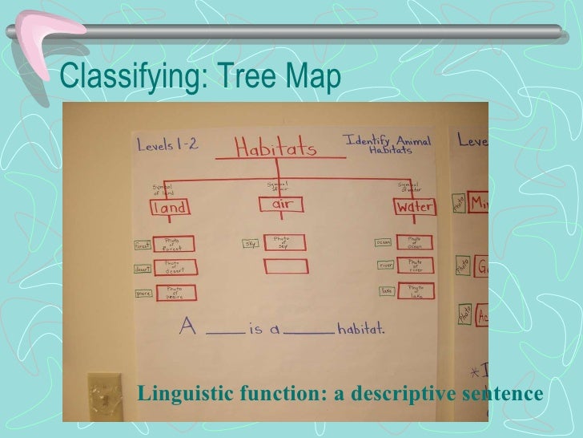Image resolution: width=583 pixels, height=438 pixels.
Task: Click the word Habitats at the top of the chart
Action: tap(275, 148)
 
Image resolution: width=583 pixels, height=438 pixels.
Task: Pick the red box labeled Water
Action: tap(414, 206)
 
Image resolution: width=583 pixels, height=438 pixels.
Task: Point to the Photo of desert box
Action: tap(174, 267)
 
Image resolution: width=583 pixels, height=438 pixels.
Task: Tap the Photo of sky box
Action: tap(283, 241)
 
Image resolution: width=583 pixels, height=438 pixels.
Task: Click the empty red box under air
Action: tap(284, 265)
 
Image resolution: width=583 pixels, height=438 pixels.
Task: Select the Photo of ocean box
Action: tap(414, 241)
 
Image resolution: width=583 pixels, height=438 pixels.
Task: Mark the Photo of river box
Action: tap(414, 266)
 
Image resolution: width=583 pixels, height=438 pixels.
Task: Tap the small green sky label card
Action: tap(250, 241)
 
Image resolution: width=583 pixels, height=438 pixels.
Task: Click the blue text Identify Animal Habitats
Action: tap(388, 144)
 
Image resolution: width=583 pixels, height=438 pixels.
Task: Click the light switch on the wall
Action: tap(104, 392)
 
